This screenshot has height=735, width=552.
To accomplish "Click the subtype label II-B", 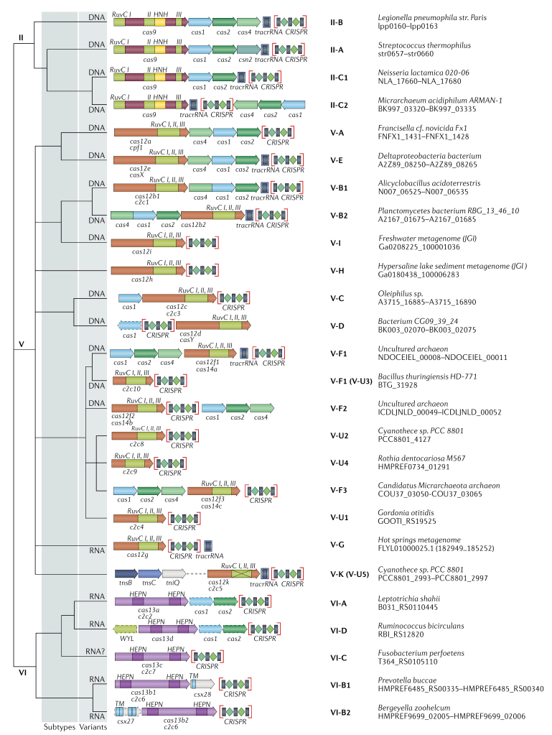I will point(336,23).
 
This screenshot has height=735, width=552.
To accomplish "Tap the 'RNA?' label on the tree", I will point(98,654).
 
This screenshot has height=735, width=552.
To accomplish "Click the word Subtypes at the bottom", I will point(59,727).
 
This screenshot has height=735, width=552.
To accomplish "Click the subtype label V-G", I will point(336,546).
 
